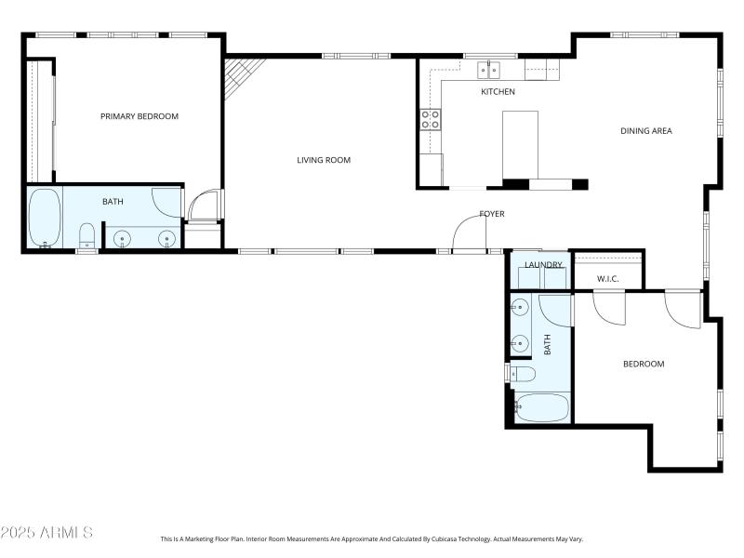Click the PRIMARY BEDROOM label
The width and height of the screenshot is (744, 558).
[139, 116]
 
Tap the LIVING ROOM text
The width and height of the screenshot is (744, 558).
[324, 160]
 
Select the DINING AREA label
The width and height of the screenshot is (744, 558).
[645, 131]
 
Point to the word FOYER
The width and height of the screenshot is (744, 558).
[492, 214]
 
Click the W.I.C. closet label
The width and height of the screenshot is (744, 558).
[608, 278]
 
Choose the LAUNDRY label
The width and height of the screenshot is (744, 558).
[543, 265]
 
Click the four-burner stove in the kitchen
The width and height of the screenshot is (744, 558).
[431, 118]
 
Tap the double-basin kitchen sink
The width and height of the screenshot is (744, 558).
[489, 70]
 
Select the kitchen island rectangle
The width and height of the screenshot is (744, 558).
[520, 144]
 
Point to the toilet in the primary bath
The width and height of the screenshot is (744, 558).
[86, 234]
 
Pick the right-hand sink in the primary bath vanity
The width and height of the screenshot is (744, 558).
[167, 239]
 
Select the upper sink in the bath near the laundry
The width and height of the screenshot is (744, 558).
[519, 307]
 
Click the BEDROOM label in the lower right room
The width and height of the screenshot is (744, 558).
[644, 364]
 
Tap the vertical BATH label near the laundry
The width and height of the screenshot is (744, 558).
[547, 345]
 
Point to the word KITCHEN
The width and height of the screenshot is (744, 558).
[498, 92]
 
